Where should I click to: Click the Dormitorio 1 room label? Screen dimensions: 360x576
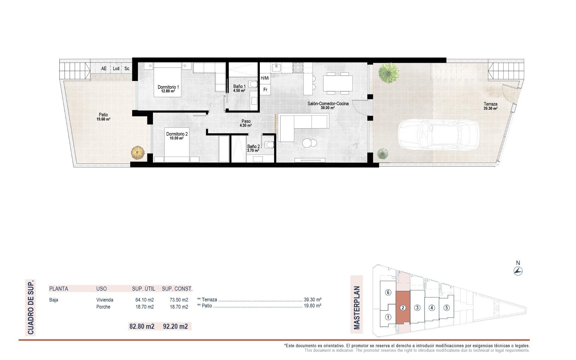coord(168,89)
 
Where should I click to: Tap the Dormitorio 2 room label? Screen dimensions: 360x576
coord(177,136)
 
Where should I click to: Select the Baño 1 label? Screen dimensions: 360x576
coord(239,88)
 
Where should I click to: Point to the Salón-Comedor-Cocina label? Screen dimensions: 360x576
coord(328,105)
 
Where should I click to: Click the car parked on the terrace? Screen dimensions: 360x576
coord(438,134)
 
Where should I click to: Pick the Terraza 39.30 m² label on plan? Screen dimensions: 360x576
coord(490,106)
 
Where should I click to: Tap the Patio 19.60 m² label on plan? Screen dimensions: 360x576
coord(103,117)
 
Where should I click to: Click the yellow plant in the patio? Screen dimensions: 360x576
coord(138,152)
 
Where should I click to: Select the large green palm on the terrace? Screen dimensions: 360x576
coord(389,72)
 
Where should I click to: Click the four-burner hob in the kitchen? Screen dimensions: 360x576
coord(298,67)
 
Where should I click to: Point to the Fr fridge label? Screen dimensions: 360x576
coord(265,90)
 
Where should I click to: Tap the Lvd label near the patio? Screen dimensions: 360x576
coord(116,69)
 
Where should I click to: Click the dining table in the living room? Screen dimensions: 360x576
coord(337,83)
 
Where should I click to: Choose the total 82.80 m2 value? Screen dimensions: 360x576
coord(142,326)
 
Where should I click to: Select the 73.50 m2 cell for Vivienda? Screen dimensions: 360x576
coord(179,300)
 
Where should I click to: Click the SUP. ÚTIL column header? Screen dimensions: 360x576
coord(143,289)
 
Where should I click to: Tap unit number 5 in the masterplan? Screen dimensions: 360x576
coord(446,307)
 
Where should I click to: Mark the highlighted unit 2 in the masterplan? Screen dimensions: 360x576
coord(403,307)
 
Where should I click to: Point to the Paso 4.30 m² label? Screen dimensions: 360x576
coord(246,123)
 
